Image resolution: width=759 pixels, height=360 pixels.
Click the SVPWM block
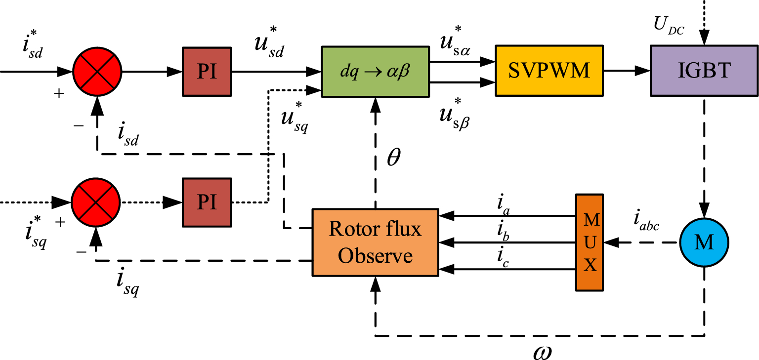point(549,71)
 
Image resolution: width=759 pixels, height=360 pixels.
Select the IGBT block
point(704,71)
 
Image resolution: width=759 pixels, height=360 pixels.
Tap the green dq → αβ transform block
point(375,71)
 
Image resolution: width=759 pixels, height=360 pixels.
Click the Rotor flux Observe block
point(375,242)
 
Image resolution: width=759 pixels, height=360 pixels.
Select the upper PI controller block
point(207,71)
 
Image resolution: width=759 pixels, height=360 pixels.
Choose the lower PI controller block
point(207,202)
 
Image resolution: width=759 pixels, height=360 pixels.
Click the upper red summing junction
point(97,71)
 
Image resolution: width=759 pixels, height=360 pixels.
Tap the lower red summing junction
point(96,202)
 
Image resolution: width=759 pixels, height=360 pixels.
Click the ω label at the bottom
point(542,352)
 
